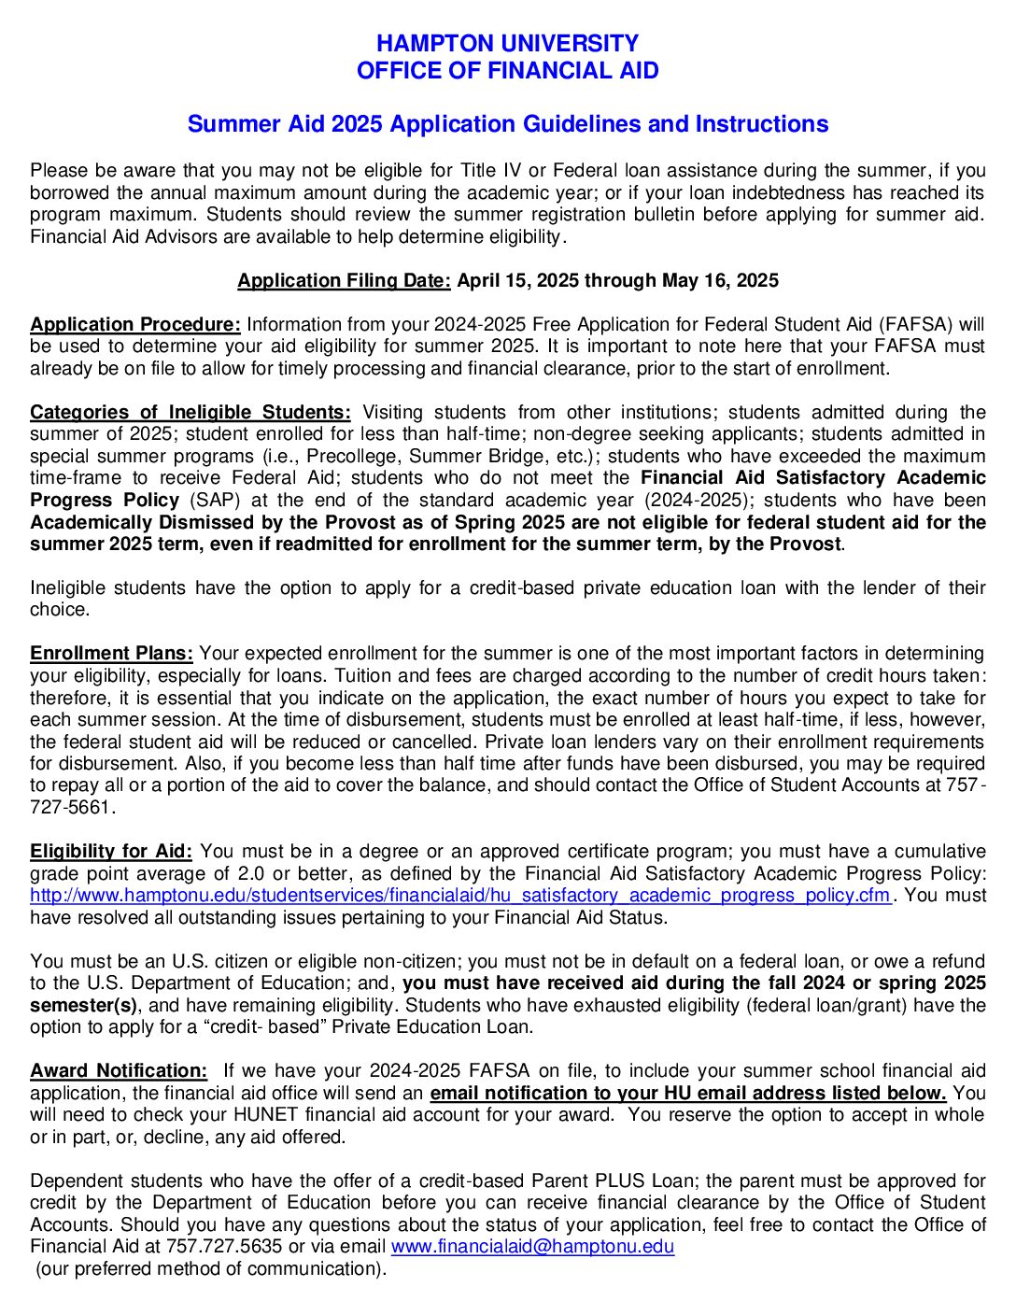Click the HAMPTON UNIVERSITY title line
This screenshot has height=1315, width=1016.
click(507, 43)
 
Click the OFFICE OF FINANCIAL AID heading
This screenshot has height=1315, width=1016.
click(507, 71)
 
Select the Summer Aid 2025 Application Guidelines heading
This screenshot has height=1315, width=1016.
click(507, 124)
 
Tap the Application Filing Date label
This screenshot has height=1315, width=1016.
click(344, 281)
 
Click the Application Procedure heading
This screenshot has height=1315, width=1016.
click(135, 325)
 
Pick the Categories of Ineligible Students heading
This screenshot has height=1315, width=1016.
click(190, 413)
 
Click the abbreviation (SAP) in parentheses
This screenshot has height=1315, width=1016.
click(216, 501)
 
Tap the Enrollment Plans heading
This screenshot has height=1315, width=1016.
click(112, 654)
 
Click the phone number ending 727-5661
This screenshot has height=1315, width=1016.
click(71, 807)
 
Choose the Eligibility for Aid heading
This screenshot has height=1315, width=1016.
click(111, 852)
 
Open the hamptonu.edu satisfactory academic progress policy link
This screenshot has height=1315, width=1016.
click(460, 896)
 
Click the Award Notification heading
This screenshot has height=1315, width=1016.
click(119, 1071)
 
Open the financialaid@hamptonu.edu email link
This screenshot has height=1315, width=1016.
click(532, 1247)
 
